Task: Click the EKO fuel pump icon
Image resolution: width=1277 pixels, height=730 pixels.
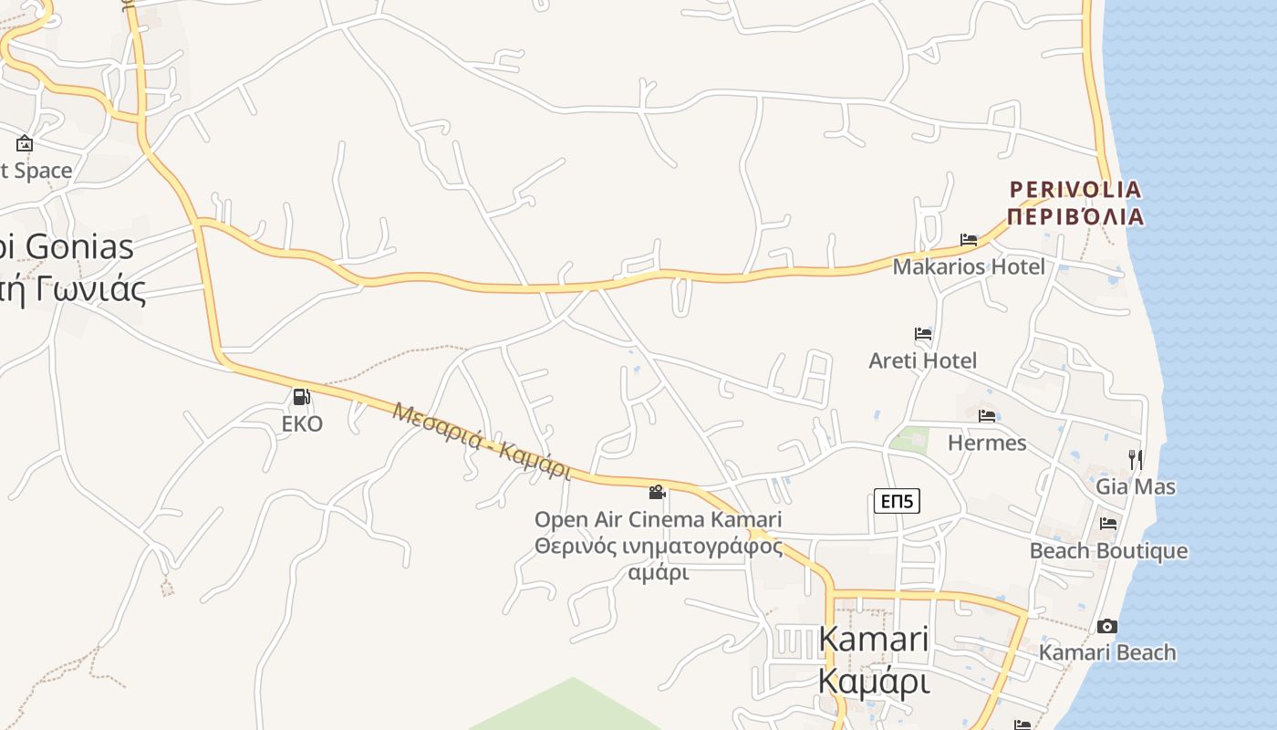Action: click(x=301, y=397)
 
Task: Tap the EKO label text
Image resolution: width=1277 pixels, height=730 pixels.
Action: click(x=302, y=424)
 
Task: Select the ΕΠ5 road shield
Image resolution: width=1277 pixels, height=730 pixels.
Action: click(x=897, y=500)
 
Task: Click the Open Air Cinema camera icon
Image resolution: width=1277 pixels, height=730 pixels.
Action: click(x=657, y=493)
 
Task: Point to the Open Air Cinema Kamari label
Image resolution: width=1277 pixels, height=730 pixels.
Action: click(x=658, y=519)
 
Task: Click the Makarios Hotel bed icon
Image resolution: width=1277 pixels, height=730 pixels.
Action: click(x=969, y=240)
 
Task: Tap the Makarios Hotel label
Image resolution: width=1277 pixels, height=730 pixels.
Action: click(x=969, y=266)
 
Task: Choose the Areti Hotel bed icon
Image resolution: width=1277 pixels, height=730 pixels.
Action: click(x=923, y=334)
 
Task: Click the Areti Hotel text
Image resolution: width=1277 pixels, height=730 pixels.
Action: click(x=923, y=360)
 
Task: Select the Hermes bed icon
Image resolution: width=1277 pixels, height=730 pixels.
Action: click(x=987, y=416)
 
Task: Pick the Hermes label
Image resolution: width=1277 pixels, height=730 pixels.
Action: click(x=987, y=443)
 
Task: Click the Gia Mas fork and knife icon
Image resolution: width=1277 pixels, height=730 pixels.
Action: click(x=1136, y=459)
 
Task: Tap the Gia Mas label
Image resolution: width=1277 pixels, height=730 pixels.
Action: click(x=1136, y=486)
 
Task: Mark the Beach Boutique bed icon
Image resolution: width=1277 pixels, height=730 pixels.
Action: click(x=1108, y=524)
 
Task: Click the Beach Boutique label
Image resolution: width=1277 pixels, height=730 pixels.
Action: click(x=1108, y=551)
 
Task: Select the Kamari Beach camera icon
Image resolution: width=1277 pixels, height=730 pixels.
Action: click(x=1107, y=626)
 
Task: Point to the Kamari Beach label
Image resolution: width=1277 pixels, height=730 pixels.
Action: click(x=1107, y=652)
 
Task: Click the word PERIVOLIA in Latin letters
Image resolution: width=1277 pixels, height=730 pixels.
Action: click(x=1075, y=190)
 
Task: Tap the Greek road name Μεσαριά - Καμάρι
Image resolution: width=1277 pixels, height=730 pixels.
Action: click(x=482, y=441)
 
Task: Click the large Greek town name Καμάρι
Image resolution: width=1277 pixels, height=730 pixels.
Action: click(x=873, y=681)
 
